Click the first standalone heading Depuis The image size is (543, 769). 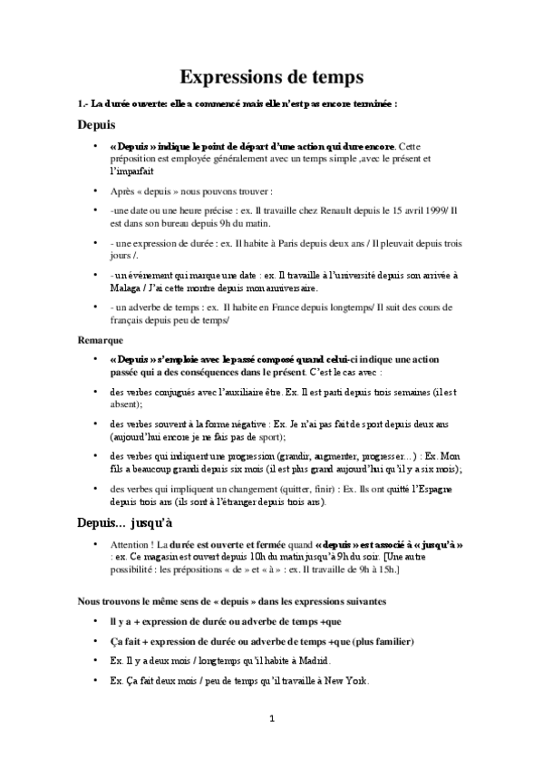pyautogui.click(x=96, y=125)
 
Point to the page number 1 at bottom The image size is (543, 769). pyautogui.click(x=271, y=718)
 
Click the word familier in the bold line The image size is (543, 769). pyautogui.click(x=390, y=641)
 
